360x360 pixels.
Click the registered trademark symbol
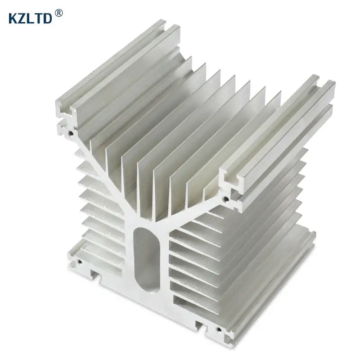(x=59, y=13)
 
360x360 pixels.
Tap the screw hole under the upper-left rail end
(x=71, y=133)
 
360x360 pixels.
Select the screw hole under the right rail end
(x=226, y=198)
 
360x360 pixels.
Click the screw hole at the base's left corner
(x=80, y=262)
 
